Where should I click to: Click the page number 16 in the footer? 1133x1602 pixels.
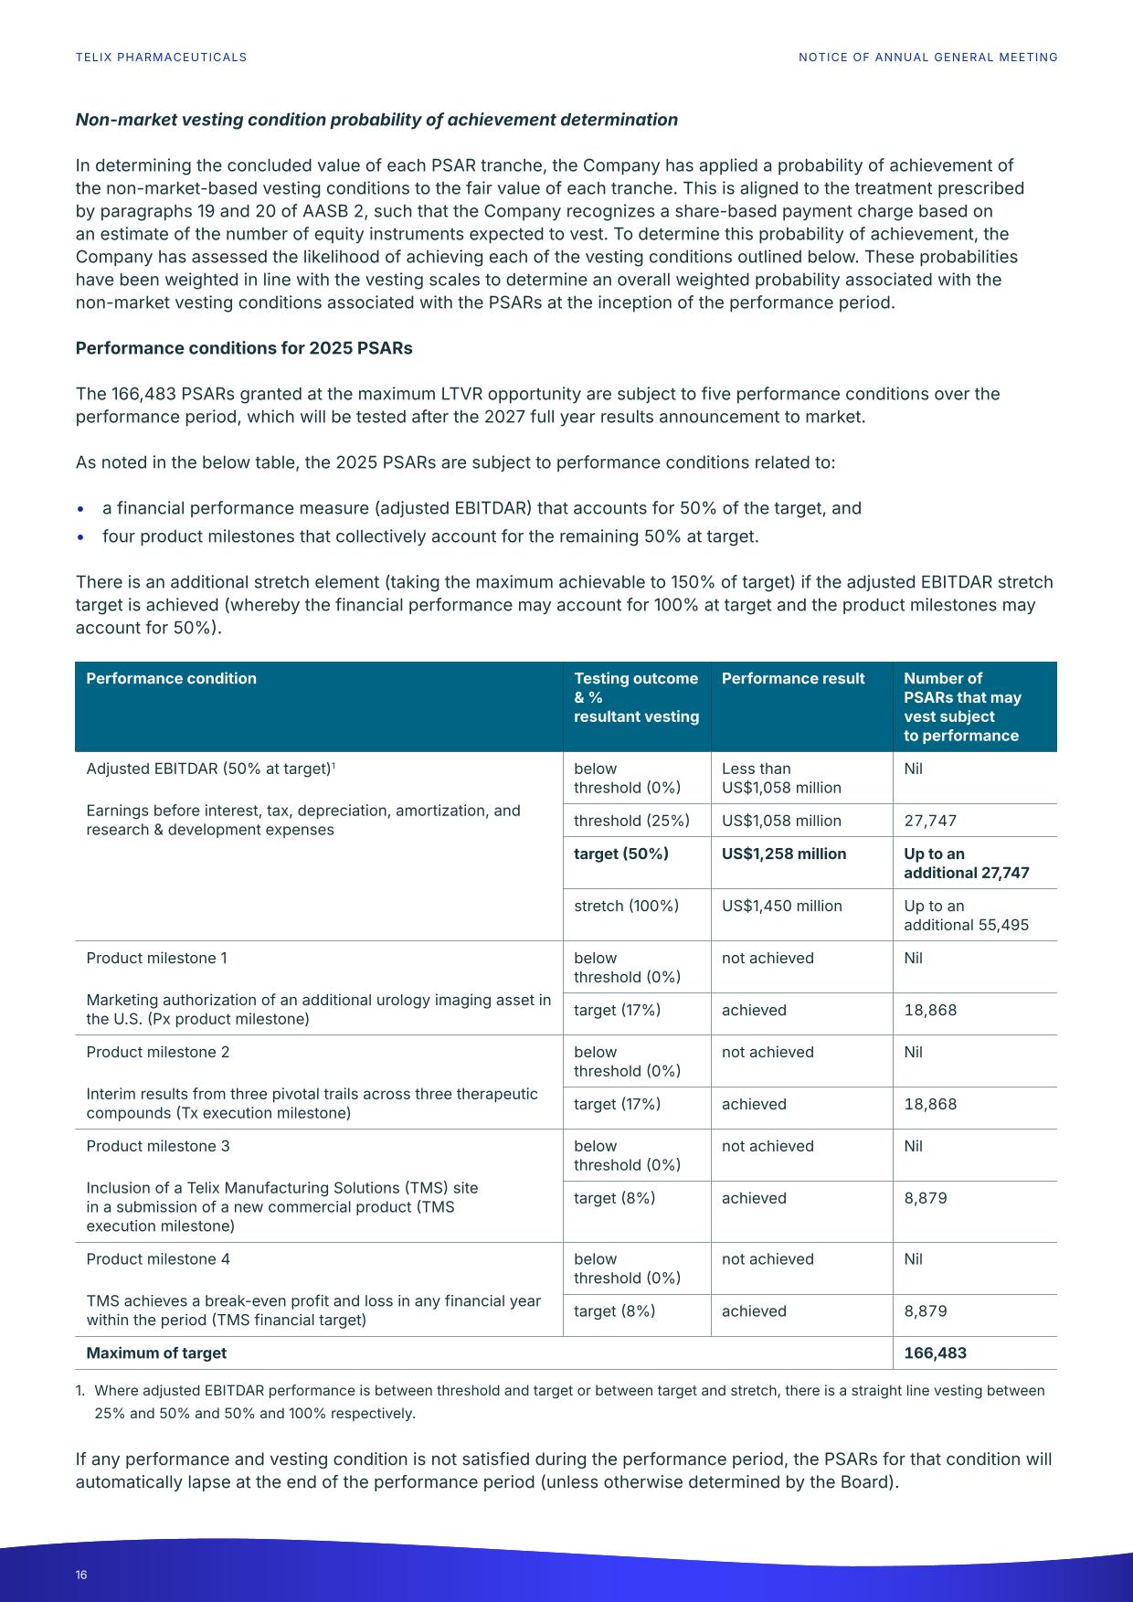[81, 1575]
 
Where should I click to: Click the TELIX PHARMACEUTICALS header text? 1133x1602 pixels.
[161, 57]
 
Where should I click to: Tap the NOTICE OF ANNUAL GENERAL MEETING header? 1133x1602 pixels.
[927, 57]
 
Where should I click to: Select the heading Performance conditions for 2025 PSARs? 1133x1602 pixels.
[244, 348]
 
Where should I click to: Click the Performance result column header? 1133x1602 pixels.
[792, 678]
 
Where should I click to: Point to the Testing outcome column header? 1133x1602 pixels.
[636, 696]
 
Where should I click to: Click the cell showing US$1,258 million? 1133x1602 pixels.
[784, 854]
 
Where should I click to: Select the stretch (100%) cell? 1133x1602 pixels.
[626, 906]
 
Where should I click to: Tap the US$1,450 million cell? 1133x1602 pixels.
[781, 906]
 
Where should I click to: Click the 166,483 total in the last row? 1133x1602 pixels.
[935, 1353]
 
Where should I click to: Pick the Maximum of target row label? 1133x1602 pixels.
[156, 1353]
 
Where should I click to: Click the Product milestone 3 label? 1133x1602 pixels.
[158, 1146]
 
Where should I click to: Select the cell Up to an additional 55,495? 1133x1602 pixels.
[966, 915]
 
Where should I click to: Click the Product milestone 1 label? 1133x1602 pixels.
[156, 958]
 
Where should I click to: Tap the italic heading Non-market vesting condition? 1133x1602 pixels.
[376, 120]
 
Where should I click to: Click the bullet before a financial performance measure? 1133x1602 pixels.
[81, 509]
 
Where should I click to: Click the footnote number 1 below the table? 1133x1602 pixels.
[79, 1391]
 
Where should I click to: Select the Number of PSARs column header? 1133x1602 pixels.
[962, 706]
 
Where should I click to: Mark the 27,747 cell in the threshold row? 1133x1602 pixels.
[930, 821]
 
